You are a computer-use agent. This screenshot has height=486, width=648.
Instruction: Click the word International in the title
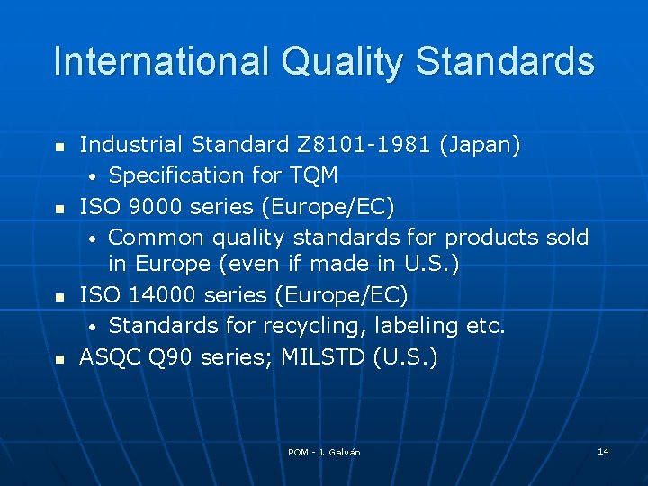point(157,62)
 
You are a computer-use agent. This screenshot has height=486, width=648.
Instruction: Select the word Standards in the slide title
point(508,62)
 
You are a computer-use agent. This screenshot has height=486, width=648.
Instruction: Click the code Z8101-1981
point(358,145)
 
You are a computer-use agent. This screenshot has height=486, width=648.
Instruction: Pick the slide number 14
point(603,450)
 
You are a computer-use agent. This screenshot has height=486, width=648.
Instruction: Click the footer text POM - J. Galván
point(324,452)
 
